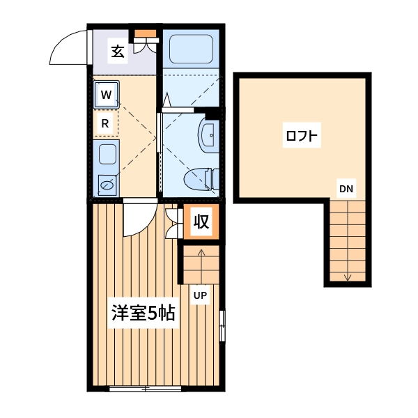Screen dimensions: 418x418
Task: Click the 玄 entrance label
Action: (118, 51)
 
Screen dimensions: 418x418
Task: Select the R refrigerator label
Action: (105, 123)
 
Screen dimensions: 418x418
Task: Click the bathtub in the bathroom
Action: (191, 49)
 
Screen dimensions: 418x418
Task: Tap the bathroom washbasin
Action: (208, 134)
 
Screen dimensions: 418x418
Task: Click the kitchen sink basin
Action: (107, 185)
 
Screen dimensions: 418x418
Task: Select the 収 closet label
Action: (201, 222)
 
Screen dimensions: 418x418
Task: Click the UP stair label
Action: (200, 295)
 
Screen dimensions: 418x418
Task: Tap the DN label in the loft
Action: (346, 188)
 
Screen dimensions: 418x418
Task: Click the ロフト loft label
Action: (302, 135)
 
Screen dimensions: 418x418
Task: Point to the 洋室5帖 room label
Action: (144, 313)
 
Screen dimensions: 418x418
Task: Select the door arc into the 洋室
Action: (137, 219)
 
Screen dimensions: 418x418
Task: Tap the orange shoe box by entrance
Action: (146, 33)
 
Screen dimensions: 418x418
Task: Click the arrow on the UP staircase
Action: (201, 261)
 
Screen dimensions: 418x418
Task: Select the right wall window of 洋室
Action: (222, 326)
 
